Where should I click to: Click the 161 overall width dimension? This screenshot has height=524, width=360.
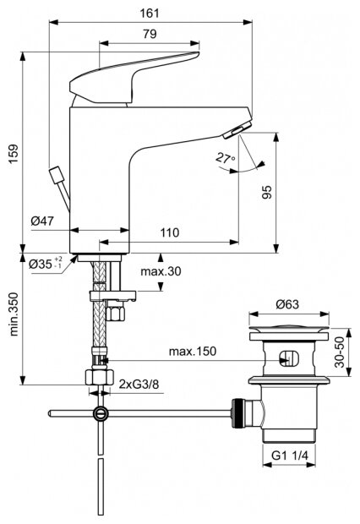(x=150, y=13)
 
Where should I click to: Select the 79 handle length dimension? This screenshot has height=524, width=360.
(x=150, y=34)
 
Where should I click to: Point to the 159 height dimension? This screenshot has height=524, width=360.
(x=14, y=154)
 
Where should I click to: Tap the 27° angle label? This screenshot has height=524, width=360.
(x=226, y=157)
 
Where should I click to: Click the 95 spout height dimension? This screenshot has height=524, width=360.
(x=266, y=192)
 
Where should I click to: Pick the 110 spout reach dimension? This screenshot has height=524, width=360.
(x=170, y=232)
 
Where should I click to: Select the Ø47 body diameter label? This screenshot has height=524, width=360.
(x=42, y=221)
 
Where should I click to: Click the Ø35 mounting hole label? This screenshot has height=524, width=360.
(x=46, y=264)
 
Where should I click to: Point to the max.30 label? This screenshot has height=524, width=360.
(x=161, y=271)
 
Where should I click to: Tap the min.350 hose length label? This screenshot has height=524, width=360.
(x=14, y=314)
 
